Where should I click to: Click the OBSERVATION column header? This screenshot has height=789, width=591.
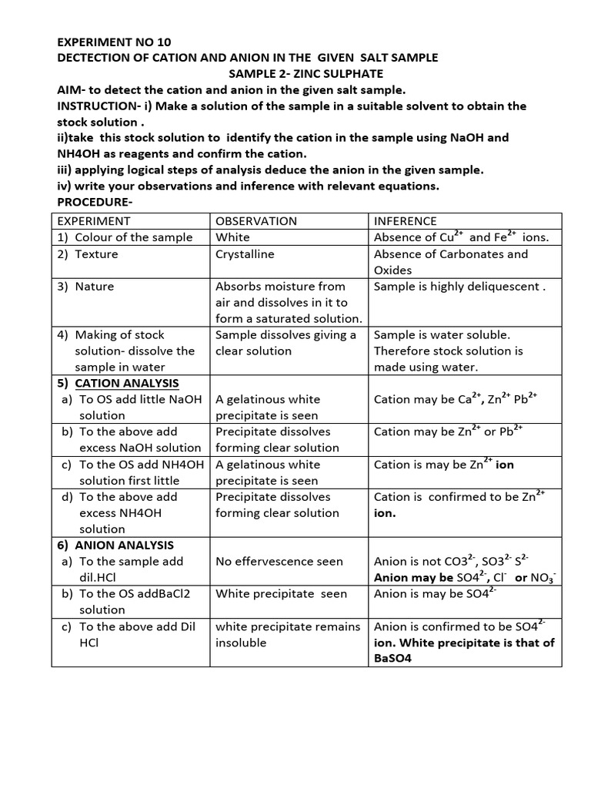(256, 221)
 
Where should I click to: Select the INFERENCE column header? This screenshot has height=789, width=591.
(405, 221)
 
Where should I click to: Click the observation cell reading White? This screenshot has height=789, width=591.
(232, 237)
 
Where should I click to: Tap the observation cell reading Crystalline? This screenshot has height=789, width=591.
(245, 253)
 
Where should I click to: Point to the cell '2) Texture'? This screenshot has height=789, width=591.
(88, 253)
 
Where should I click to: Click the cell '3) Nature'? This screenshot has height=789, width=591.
(86, 286)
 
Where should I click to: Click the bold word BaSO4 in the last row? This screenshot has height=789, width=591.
(392, 659)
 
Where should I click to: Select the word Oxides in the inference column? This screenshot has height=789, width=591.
(392, 270)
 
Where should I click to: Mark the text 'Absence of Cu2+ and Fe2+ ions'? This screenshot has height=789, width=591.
(461, 237)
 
